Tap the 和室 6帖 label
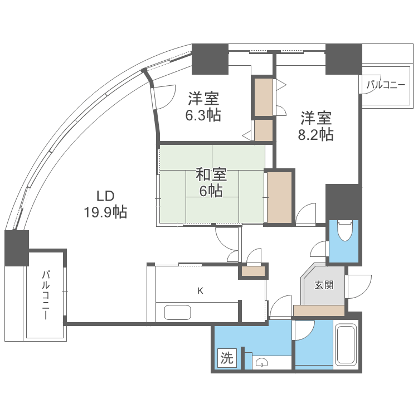click(210, 182)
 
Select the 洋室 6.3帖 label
click(203, 107)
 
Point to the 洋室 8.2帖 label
click(317, 126)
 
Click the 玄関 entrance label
click(324, 285)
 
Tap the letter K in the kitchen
click(200, 290)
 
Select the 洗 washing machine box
click(227, 358)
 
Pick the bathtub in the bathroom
click(346, 346)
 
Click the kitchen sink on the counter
click(177, 312)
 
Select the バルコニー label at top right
click(386, 85)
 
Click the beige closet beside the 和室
click(279, 197)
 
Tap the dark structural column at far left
click(16, 247)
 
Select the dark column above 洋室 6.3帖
click(210, 59)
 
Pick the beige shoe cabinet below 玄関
click(318, 311)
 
